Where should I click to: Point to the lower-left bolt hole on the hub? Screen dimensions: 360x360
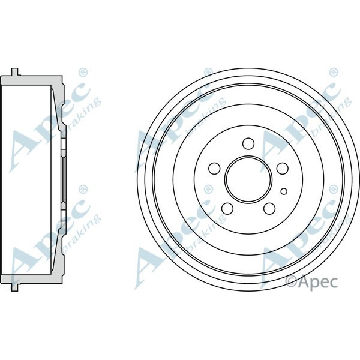[227, 208]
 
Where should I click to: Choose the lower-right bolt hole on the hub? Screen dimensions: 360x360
[269, 208]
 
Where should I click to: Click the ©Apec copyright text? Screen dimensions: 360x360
[311, 280]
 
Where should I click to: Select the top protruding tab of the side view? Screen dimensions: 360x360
[16, 72]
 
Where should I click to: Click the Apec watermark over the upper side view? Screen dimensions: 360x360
[48, 120]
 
